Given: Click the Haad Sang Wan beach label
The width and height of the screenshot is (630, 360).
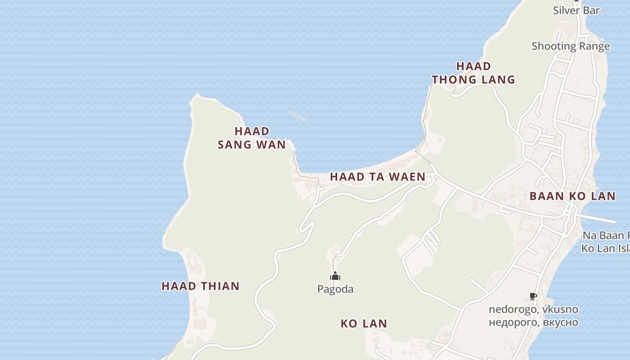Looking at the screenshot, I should (x=252, y=138).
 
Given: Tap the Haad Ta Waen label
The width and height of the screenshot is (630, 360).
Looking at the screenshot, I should (x=378, y=177).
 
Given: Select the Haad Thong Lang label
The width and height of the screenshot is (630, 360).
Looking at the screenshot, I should (x=473, y=73).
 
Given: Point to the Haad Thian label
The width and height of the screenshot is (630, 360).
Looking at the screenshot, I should (x=200, y=286).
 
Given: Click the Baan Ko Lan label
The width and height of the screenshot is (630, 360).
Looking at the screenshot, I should (x=572, y=196).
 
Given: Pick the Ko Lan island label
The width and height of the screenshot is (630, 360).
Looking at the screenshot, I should (x=364, y=324).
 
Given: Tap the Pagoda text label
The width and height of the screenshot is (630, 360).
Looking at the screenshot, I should (x=335, y=289).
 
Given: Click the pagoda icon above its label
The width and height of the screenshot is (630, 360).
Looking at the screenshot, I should (x=335, y=276).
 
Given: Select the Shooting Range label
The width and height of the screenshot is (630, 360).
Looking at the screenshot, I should (x=571, y=46).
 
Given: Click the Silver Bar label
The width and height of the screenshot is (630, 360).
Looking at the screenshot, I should (x=576, y=10).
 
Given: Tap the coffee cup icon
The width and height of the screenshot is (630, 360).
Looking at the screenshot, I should (x=533, y=296).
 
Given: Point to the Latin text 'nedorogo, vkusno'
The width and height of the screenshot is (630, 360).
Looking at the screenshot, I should (x=533, y=310).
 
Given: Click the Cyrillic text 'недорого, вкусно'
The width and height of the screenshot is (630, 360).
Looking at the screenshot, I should (x=533, y=322).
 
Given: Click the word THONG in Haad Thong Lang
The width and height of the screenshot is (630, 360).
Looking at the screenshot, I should (x=454, y=80).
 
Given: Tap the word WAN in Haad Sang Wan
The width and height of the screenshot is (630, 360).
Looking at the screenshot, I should (x=271, y=144).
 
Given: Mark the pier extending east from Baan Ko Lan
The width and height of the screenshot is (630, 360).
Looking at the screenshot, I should (x=598, y=219).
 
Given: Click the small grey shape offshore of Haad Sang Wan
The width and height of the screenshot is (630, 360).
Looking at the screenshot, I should (x=297, y=116).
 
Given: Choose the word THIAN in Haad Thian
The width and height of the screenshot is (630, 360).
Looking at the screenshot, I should (x=220, y=286).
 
